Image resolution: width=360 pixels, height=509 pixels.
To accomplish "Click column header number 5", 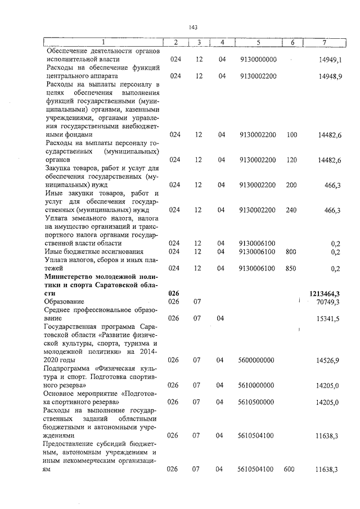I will (x=258, y=42).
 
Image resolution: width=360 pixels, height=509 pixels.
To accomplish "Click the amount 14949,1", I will (x=330, y=59).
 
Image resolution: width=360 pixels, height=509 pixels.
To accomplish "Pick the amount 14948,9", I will (x=330, y=76).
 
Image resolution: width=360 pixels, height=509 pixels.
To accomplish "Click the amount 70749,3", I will (x=330, y=302).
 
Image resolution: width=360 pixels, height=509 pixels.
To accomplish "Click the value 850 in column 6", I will (x=291, y=268).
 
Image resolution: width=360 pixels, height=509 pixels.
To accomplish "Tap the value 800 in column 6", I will (x=291, y=251).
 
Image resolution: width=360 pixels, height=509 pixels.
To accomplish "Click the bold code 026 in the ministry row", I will (x=174, y=293).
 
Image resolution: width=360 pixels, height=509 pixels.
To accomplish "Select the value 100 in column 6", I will (x=291, y=135).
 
